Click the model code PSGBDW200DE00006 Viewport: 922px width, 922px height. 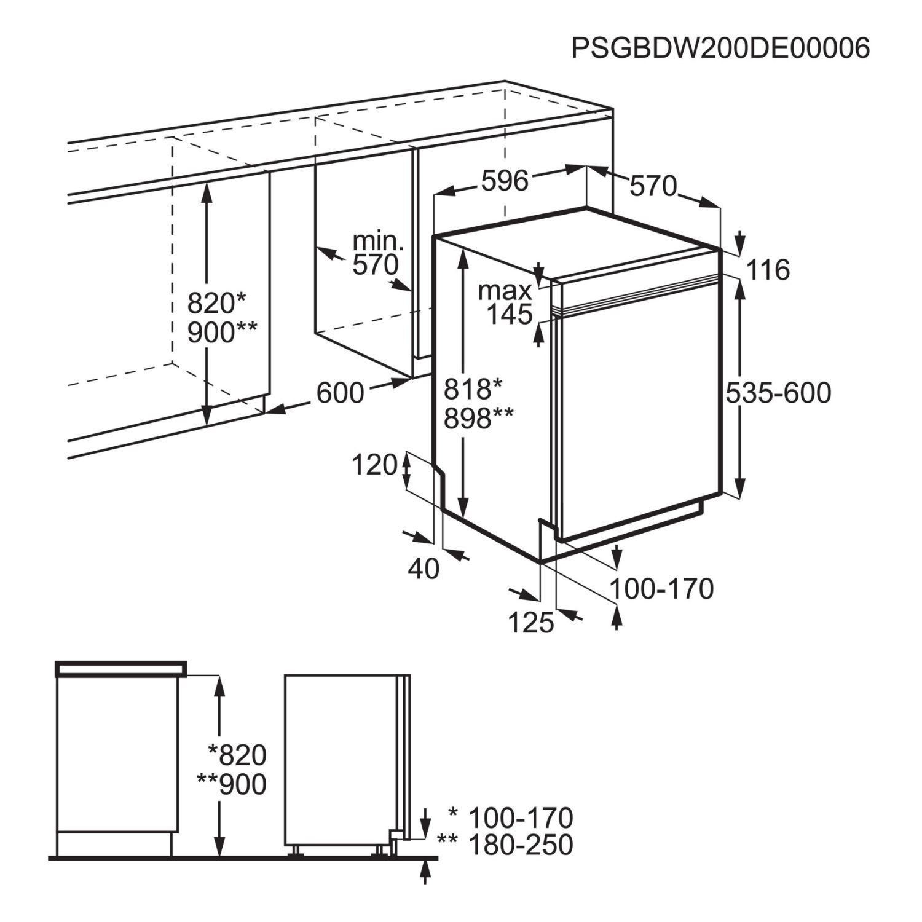click(x=720, y=48)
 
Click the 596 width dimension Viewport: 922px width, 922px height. click(x=505, y=181)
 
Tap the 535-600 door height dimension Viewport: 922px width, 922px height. click(x=778, y=392)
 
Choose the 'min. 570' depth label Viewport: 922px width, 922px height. click(x=377, y=253)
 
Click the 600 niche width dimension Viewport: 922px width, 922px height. click(x=341, y=392)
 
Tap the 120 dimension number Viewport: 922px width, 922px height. click(x=374, y=465)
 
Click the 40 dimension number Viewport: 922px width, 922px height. click(x=424, y=569)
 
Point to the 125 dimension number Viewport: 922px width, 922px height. click(x=531, y=623)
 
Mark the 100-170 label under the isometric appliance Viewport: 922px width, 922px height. click(x=661, y=589)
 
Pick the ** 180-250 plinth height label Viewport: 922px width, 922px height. click(x=504, y=845)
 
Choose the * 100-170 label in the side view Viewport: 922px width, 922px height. click(x=510, y=818)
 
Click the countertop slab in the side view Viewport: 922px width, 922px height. click(x=120, y=669)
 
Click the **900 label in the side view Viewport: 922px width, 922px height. click(x=232, y=784)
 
